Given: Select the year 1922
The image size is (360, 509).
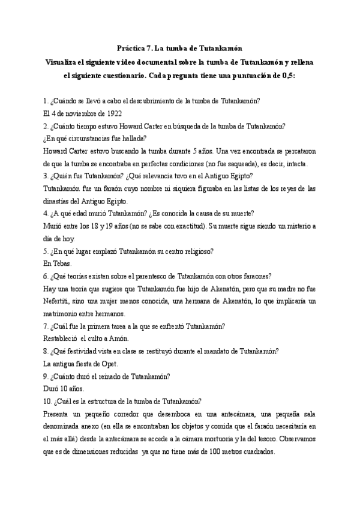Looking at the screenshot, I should (98, 112).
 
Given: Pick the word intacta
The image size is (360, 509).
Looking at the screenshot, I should (294, 164).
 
